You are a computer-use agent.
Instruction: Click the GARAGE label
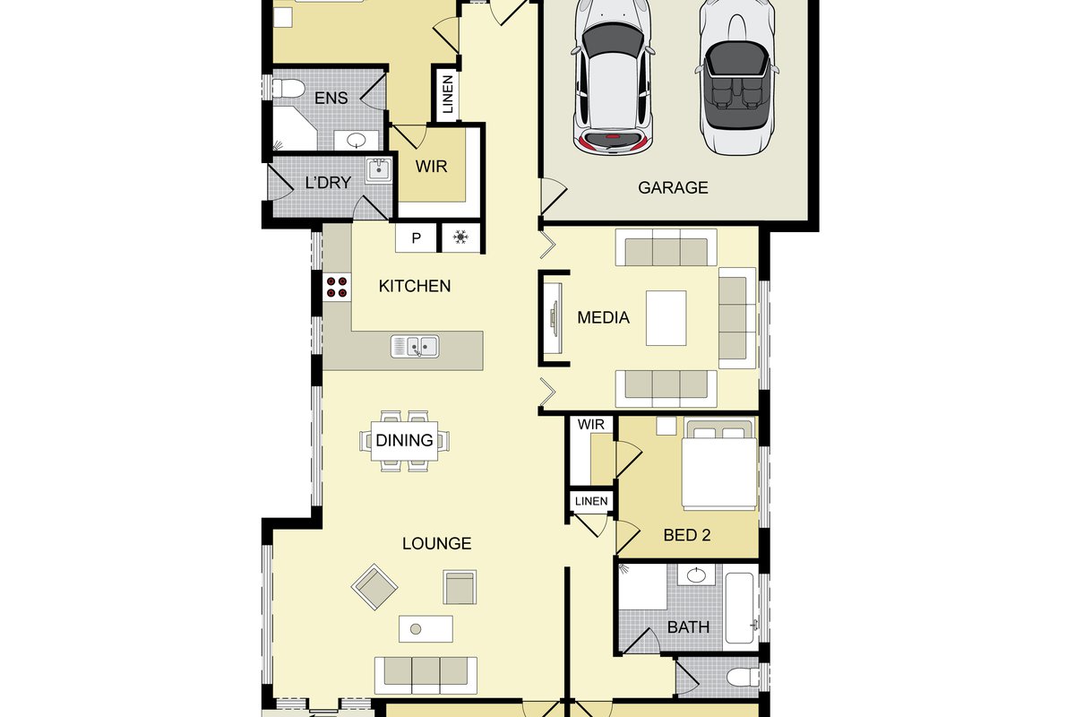(x=673, y=187)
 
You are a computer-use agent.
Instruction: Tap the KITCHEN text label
(x=415, y=286)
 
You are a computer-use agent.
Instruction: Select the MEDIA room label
(x=603, y=317)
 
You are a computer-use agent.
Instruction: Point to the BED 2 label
(x=687, y=535)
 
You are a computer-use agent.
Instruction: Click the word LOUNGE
(x=437, y=544)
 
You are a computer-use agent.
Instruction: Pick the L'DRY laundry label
(x=328, y=183)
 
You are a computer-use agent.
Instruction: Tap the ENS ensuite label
(x=331, y=98)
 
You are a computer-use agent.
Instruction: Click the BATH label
(x=688, y=627)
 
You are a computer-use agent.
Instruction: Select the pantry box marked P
(x=416, y=238)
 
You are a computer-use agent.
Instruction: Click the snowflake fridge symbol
(x=460, y=237)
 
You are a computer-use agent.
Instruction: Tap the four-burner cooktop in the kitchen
(x=337, y=287)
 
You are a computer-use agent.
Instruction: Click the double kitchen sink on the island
(x=415, y=346)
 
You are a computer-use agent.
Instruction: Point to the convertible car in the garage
(x=737, y=77)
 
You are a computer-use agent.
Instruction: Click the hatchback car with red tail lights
(x=613, y=77)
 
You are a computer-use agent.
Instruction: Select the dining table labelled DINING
(x=405, y=441)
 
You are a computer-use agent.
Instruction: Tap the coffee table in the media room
(x=666, y=318)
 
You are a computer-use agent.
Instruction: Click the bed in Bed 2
(x=718, y=465)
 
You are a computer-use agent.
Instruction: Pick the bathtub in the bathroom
(x=740, y=608)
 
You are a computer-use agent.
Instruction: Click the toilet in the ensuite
(x=288, y=89)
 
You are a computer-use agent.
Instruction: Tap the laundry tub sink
(x=379, y=170)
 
